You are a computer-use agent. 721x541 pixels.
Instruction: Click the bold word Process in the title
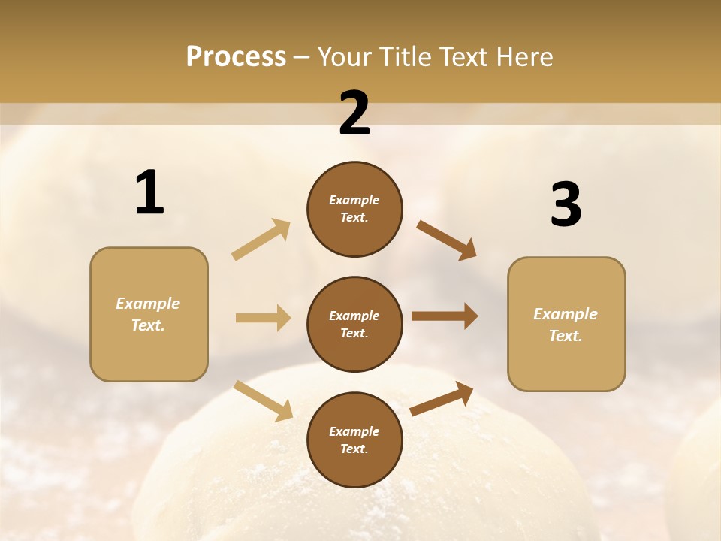(x=236, y=56)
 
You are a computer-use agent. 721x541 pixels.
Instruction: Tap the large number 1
(x=149, y=193)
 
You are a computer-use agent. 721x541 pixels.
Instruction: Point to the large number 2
(x=354, y=114)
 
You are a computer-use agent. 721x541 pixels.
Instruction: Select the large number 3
(x=566, y=204)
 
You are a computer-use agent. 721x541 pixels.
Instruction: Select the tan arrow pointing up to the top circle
(x=261, y=240)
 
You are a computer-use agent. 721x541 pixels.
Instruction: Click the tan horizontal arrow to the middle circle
(x=263, y=318)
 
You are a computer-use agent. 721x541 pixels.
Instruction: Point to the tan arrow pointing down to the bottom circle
(x=263, y=400)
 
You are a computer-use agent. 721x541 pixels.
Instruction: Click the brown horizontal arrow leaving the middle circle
(x=445, y=316)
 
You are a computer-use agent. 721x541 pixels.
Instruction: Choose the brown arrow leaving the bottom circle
(x=442, y=399)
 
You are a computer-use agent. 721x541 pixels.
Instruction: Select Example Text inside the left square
(x=148, y=314)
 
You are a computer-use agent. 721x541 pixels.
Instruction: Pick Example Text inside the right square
(x=566, y=325)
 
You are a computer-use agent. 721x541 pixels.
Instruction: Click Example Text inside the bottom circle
(x=354, y=440)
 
